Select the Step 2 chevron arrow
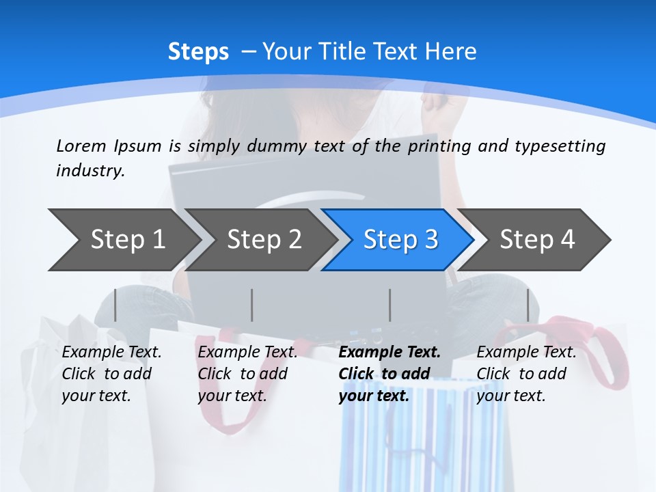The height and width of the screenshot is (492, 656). (x=264, y=240)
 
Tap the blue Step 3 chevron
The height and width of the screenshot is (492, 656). (x=400, y=240)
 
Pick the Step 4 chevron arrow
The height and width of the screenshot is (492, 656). (x=537, y=240)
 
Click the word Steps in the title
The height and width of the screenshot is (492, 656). (x=198, y=51)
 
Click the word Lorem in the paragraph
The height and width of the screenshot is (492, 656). (x=81, y=146)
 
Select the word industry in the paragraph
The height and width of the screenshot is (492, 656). (x=90, y=171)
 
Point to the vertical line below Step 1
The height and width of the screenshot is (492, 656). (x=115, y=305)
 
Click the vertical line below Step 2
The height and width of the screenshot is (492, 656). (x=251, y=305)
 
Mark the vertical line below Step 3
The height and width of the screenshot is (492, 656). (x=389, y=305)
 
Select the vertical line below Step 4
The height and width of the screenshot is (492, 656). (x=528, y=305)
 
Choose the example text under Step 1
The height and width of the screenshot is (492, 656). (x=111, y=374)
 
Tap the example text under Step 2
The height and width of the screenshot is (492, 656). (x=247, y=374)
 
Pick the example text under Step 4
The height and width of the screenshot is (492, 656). (x=526, y=374)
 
